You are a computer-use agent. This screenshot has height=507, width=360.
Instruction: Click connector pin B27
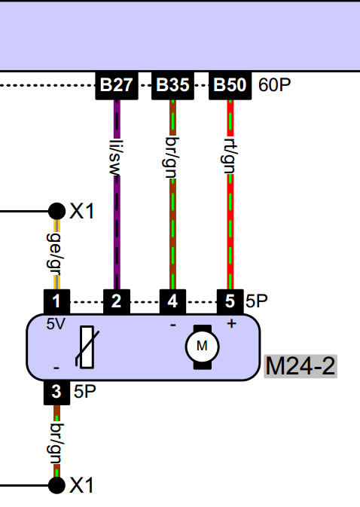click(117, 85)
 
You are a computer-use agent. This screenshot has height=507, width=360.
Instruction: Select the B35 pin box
click(173, 85)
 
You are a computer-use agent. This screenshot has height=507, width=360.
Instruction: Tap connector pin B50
click(230, 85)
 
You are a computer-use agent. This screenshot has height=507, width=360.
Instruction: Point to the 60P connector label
click(274, 84)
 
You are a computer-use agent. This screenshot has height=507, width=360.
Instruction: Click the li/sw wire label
click(117, 157)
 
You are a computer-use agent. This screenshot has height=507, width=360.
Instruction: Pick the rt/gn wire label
click(230, 155)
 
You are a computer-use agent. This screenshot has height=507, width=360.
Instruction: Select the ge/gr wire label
click(55, 254)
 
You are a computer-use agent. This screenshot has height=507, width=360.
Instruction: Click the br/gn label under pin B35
click(172, 157)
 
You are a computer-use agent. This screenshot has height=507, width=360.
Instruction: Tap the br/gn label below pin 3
click(56, 443)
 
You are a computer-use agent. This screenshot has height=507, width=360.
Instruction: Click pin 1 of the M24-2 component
click(56, 301)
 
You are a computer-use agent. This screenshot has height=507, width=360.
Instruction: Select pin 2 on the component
click(117, 301)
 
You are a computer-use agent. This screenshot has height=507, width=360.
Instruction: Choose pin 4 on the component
click(173, 301)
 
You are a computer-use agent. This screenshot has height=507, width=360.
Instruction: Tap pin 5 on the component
click(230, 301)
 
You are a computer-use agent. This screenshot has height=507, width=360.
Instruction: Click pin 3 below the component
click(56, 392)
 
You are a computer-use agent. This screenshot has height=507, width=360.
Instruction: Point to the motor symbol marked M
click(203, 347)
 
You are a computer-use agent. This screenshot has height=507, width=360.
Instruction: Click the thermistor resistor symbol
click(87, 347)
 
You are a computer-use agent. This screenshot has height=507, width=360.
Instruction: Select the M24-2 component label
click(301, 366)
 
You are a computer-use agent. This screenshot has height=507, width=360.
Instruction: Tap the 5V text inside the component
click(56, 324)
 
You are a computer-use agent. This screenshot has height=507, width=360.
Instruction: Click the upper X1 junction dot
click(57, 212)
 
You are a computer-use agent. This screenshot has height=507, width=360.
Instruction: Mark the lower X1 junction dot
click(57, 485)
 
